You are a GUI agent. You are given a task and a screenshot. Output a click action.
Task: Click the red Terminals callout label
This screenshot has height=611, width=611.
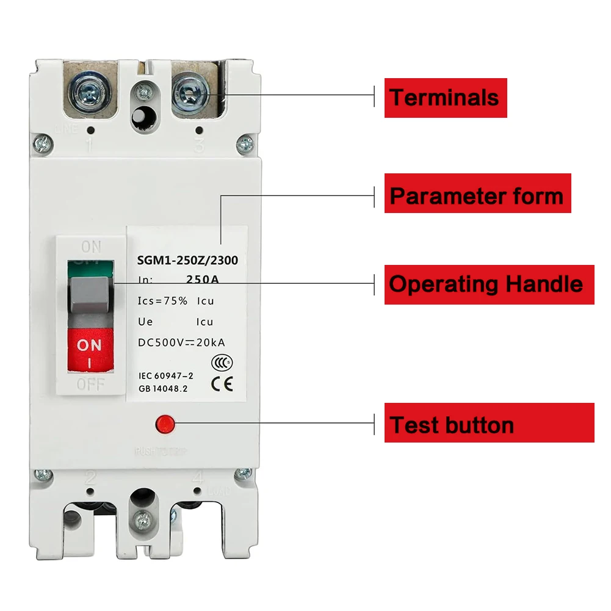[x=445, y=98]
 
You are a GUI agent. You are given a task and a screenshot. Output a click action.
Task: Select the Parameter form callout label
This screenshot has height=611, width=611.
[x=477, y=196]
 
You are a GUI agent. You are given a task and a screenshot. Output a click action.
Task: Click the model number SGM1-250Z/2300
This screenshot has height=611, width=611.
[x=187, y=261]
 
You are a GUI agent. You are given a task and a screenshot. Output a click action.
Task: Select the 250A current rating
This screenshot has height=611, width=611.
[x=203, y=280]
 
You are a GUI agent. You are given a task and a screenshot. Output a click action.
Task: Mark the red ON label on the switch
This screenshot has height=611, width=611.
[x=90, y=345]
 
